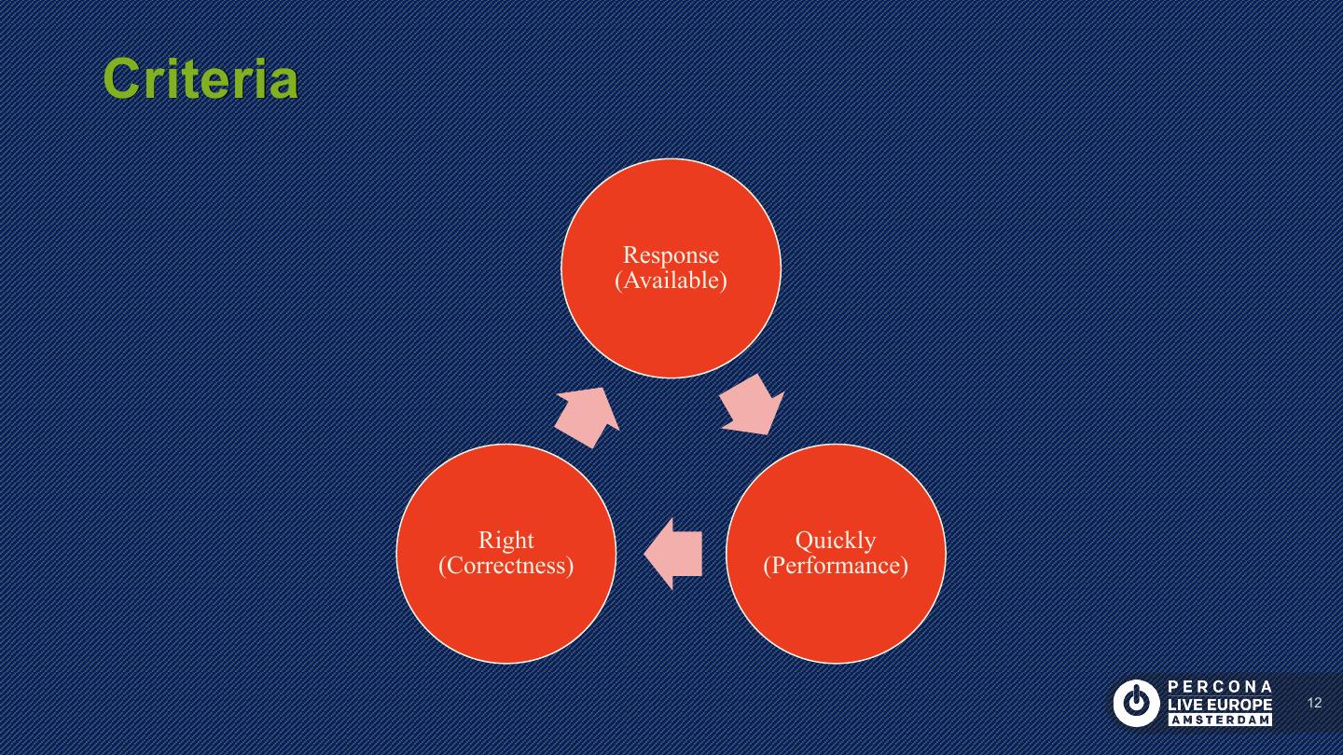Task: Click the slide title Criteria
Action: tap(201, 79)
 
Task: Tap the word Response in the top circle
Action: tap(671, 255)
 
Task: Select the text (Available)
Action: tap(671, 281)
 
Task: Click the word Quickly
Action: tap(835, 541)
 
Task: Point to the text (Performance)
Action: tap(835, 566)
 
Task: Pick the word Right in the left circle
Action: tap(505, 541)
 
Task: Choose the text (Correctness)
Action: tap(505, 566)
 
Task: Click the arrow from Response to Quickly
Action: tap(753, 405)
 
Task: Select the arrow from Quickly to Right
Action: tap(672, 554)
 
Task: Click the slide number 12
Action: tap(1315, 703)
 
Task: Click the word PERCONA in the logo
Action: tap(1220, 687)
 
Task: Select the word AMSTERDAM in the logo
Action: tap(1220, 721)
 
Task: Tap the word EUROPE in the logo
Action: tap(1239, 704)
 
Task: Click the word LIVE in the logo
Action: tap(1184, 704)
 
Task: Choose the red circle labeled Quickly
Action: tap(835, 615)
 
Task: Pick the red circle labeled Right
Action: tap(505, 615)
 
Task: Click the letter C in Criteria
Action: tap(119, 79)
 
